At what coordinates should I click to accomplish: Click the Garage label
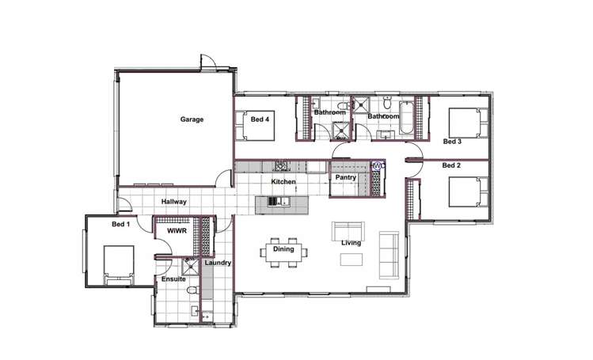(192, 119)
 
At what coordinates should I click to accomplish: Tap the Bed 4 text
(260, 119)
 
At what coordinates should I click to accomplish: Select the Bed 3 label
(451, 142)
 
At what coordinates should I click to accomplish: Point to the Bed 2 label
(451, 165)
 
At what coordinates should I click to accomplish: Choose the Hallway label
(173, 202)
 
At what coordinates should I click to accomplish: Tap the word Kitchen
(283, 182)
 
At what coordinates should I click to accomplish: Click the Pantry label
(345, 178)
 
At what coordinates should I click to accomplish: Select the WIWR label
(176, 231)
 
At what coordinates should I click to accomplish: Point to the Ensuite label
(173, 279)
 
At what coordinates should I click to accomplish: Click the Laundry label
(217, 263)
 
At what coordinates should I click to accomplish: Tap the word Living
(351, 243)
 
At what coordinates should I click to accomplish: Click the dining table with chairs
(283, 251)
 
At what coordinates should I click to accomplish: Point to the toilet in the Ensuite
(192, 293)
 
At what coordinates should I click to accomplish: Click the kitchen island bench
(283, 204)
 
